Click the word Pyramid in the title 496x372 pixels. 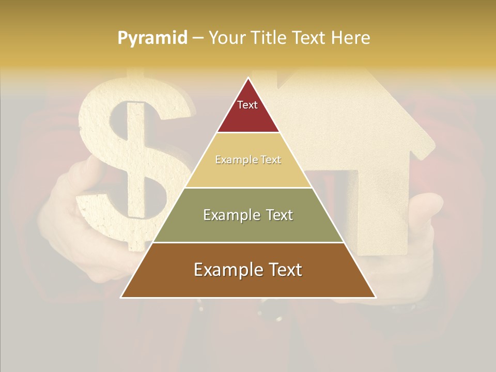click(152, 38)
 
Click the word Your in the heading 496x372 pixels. click(227, 38)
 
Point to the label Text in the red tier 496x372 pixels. click(247, 105)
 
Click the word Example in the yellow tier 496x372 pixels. click(234, 160)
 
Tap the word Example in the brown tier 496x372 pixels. click(226, 270)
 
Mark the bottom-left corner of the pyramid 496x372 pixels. click(121, 297)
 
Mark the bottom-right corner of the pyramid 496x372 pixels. click(376, 297)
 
